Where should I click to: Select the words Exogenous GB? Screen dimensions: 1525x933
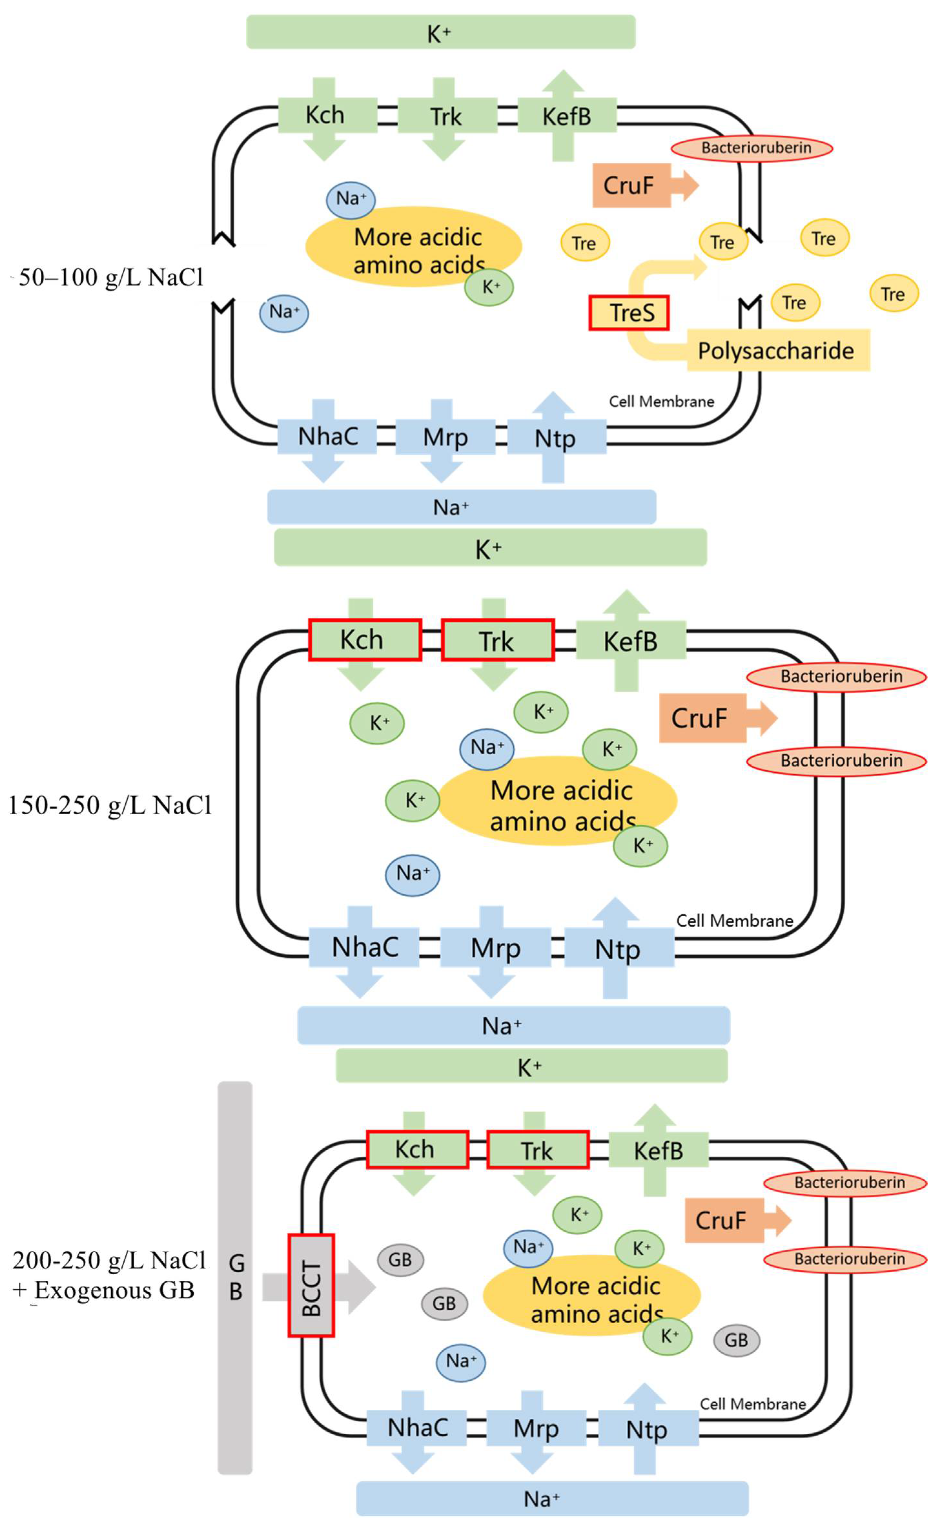115,1290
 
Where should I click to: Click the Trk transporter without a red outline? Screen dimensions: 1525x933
446,117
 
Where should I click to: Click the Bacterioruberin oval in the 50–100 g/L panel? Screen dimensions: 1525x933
752,148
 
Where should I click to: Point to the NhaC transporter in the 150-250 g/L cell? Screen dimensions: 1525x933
365,947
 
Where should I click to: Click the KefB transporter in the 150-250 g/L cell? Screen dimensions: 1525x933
630,641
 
